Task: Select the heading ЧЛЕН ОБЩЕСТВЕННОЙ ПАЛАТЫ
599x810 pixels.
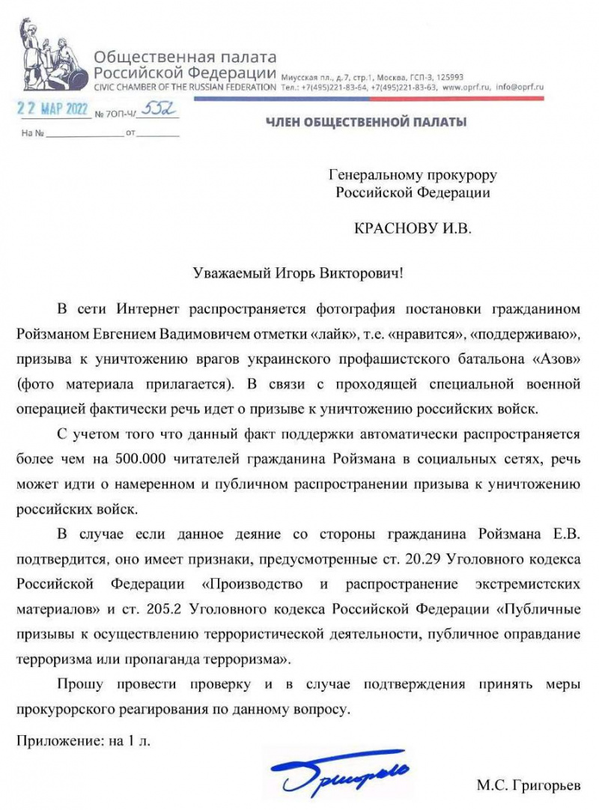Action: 367,121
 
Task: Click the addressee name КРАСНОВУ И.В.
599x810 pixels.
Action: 413,228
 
